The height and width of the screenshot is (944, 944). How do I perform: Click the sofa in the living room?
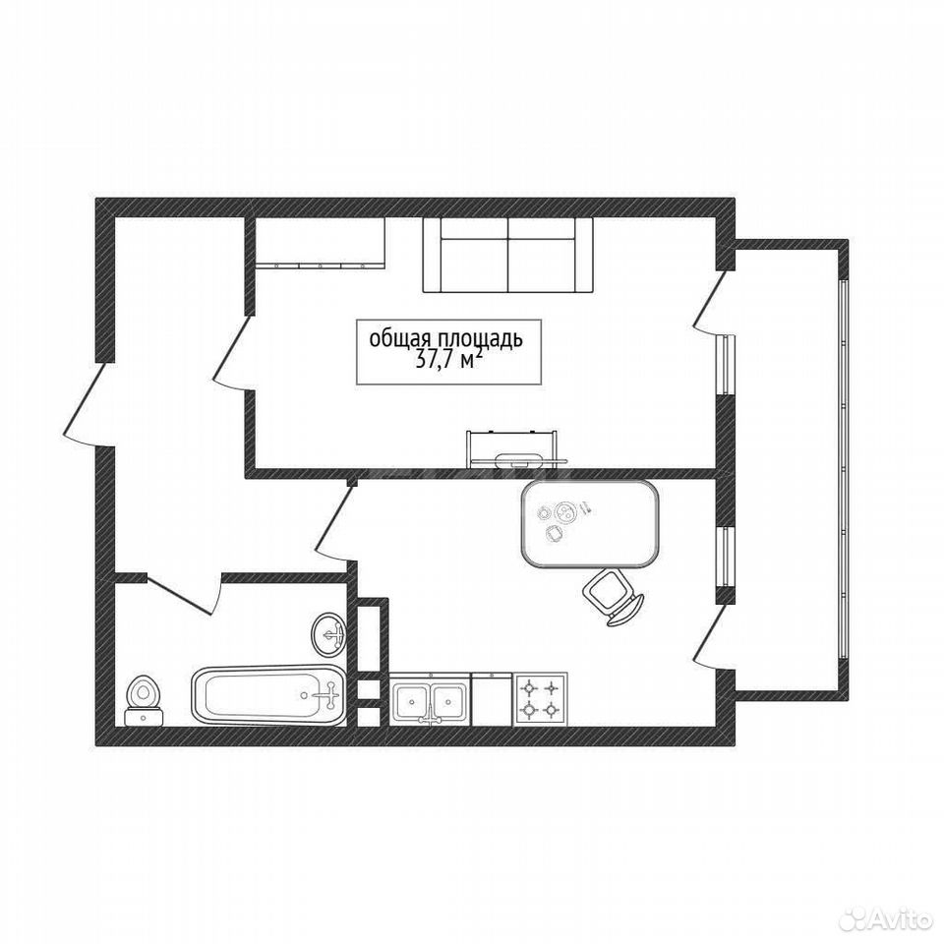507,256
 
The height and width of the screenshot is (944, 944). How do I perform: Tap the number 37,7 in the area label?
436,360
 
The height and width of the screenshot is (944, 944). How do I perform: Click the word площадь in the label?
479,339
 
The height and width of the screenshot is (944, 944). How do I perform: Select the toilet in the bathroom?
144,701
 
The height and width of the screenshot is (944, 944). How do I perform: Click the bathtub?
269,695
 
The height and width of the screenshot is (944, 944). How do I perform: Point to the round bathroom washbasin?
328,634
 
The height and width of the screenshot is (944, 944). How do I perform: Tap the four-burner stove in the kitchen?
540,699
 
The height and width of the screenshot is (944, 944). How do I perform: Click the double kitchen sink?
431,699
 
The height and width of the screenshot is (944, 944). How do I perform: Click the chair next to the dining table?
613,597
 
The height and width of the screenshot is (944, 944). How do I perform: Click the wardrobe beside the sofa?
321,242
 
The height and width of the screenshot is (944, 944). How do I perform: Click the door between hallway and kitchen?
334,522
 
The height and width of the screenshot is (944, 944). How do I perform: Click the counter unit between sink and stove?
492,699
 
